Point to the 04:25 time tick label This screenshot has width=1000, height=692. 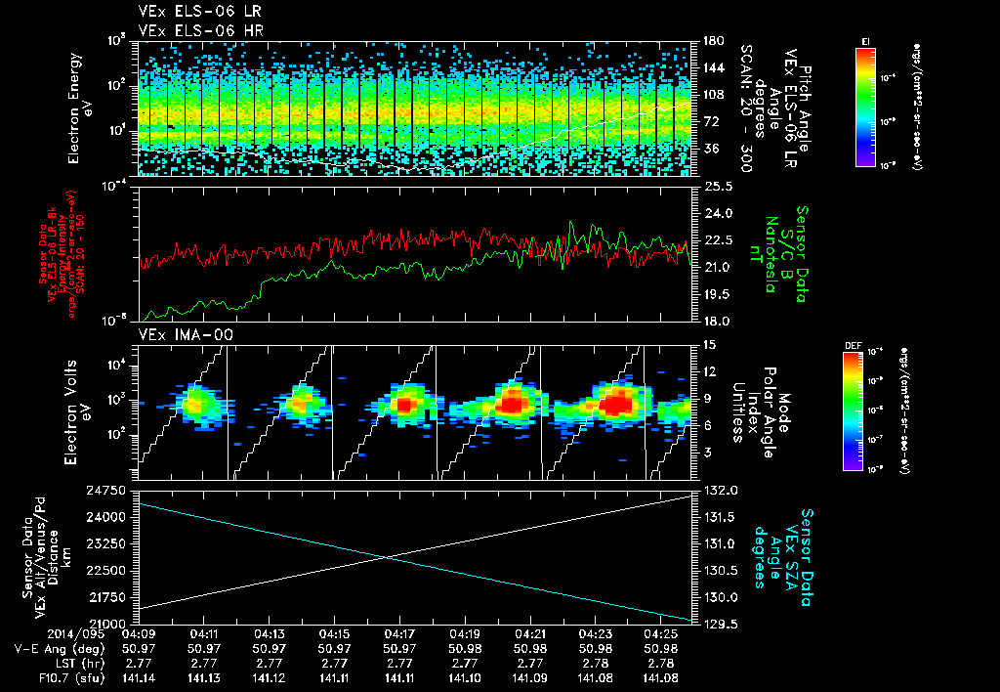click(x=661, y=634)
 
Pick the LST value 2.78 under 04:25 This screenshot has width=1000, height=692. click(x=661, y=663)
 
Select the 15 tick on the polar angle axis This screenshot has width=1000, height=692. click(x=709, y=344)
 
